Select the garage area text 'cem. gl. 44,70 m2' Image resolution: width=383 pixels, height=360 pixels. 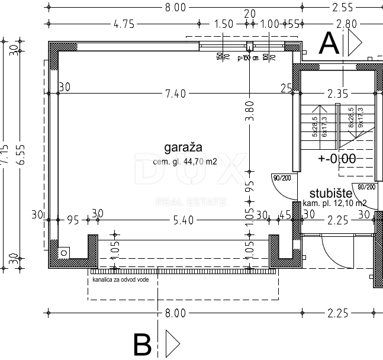point(185,161)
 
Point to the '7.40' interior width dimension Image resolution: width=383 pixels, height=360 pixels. point(176,93)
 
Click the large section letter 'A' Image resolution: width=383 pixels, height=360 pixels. point(330,43)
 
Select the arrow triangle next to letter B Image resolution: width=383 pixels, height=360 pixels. point(172,343)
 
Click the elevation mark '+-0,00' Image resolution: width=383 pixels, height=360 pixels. point(336,159)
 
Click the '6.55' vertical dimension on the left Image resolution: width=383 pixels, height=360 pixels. point(22,155)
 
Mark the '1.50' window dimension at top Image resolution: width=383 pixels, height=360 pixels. point(223,24)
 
